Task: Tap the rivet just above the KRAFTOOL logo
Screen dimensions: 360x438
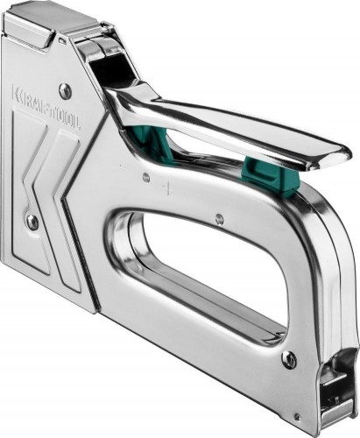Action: click(65, 90)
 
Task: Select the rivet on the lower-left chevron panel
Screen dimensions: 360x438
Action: click(32, 223)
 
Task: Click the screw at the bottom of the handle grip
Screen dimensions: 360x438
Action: click(288, 358)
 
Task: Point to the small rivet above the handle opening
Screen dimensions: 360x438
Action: click(219, 218)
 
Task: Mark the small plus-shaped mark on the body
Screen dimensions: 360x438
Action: click(167, 188)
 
